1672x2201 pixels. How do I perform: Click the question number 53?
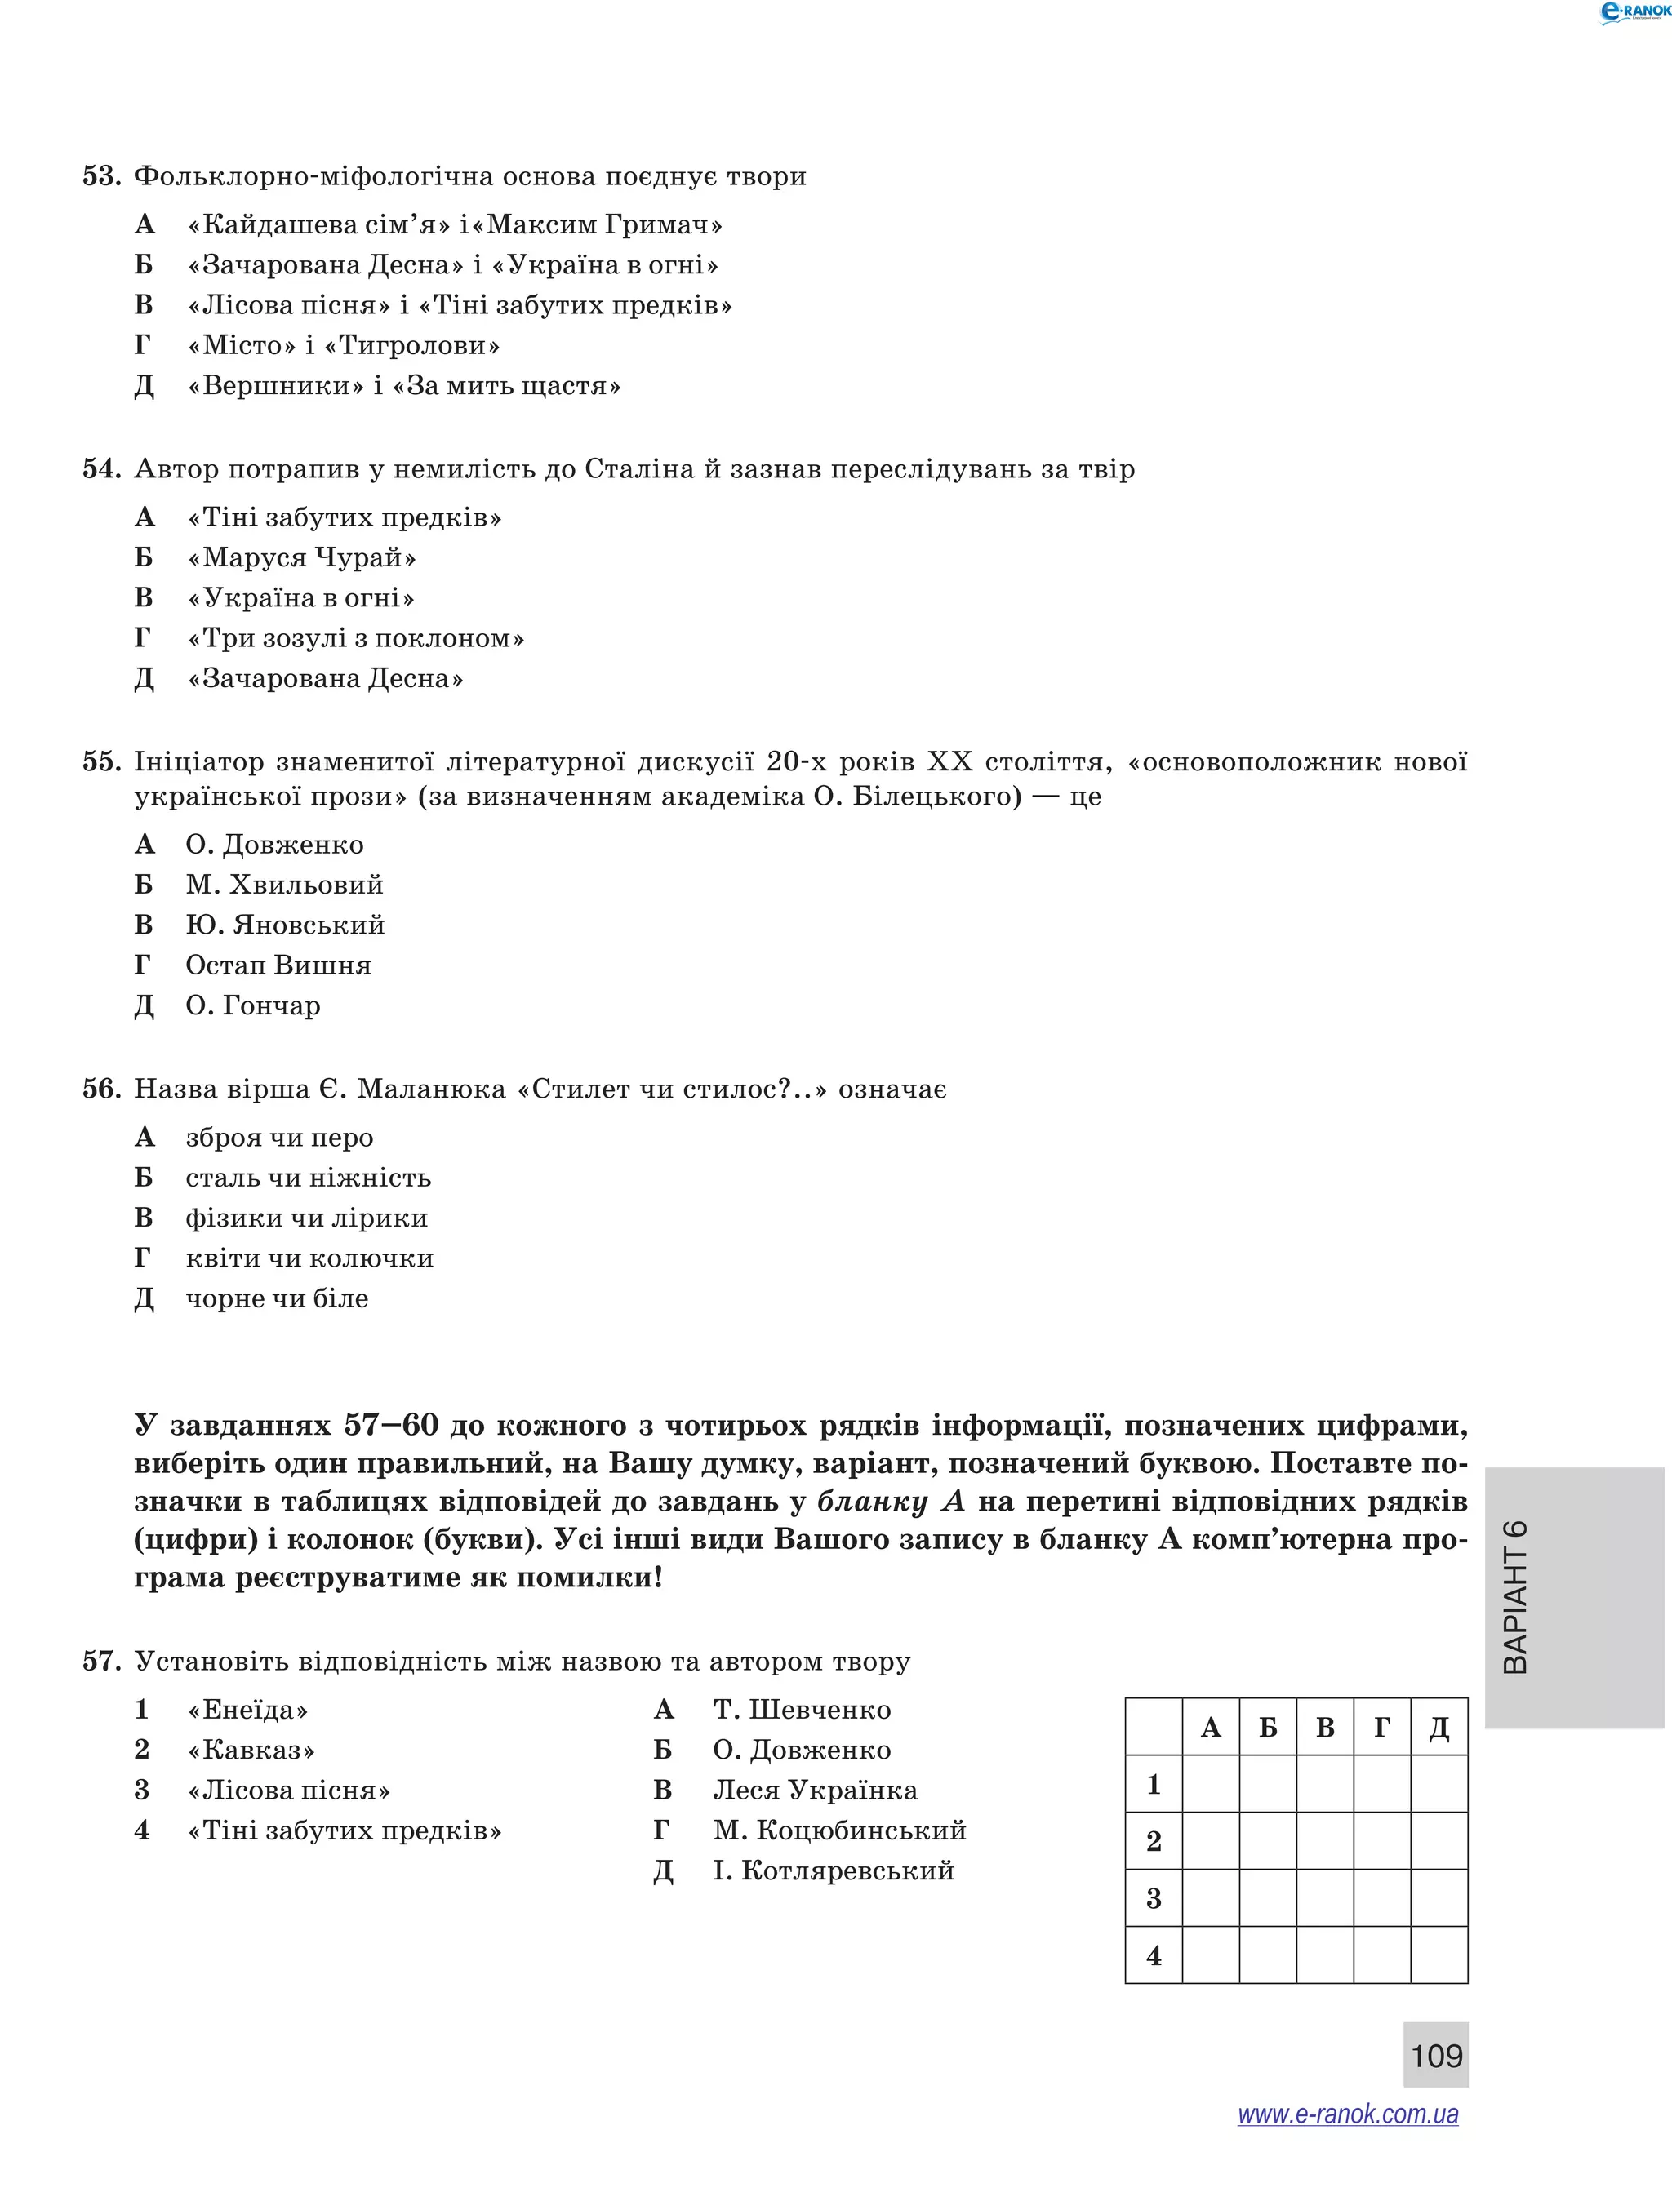coord(100,176)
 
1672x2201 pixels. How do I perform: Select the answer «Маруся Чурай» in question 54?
coord(301,557)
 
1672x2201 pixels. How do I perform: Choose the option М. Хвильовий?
coord(283,885)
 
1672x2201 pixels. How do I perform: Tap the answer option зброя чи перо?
coord(278,1138)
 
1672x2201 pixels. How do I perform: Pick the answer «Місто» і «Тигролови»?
coord(344,345)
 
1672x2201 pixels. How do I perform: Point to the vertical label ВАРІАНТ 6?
coord(1514,1597)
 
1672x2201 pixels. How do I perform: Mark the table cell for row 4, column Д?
coord(1439,1955)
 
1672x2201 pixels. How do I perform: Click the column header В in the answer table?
coord(1325,1728)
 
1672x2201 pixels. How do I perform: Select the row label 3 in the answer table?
coord(1154,1898)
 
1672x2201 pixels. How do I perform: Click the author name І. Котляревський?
coord(833,1870)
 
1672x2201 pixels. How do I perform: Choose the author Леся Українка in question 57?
coord(815,1790)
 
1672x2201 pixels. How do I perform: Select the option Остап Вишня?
coord(278,965)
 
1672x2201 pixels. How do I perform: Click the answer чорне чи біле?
coord(277,1298)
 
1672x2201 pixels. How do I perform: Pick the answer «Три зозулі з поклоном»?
coord(355,638)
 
